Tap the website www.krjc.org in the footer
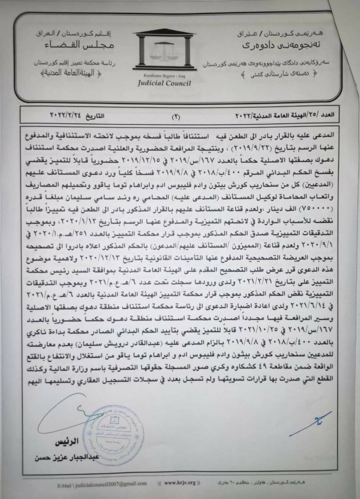(x=179, y=483)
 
